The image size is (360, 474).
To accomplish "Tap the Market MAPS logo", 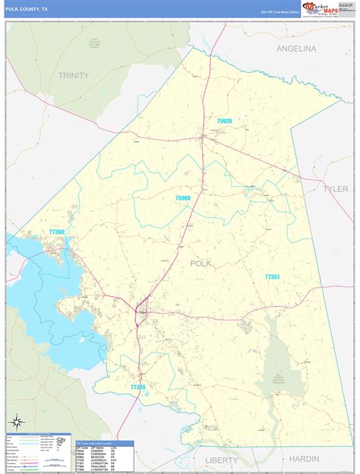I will [x=321, y=8].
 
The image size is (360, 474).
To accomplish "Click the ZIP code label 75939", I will [x=224, y=120].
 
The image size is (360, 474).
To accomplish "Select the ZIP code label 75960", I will [x=182, y=197].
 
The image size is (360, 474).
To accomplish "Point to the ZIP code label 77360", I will [x=57, y=232].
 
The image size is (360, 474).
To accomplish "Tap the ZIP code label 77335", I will [x=138, y=387].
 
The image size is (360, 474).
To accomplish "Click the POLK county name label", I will [x=201, y=263].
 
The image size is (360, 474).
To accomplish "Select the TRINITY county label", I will [x=74, y=75].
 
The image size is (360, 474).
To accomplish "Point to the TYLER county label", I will [x=335, y=188].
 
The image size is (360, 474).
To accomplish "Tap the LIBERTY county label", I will [x=221, y=460].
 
